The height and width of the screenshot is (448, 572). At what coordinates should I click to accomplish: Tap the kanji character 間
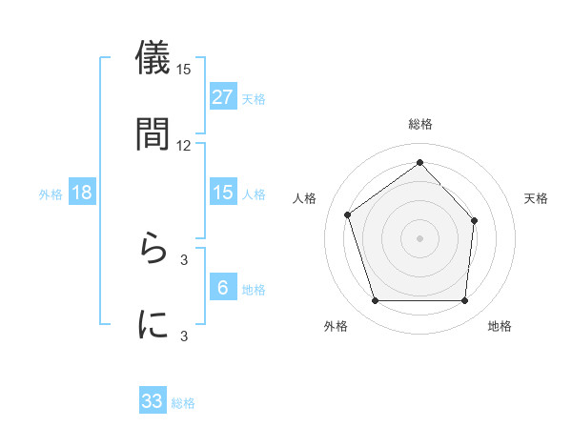(x=153, y=134)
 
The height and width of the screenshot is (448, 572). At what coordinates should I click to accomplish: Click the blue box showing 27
(x=222, y=97)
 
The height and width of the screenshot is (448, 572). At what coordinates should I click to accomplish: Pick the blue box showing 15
(x=222, y=193)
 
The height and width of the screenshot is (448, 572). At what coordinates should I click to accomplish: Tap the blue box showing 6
(x=222, y=288)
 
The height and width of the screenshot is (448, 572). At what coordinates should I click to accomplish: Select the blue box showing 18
(x=82, y=193)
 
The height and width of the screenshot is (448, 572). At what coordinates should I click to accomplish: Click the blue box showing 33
(x=153, y=401)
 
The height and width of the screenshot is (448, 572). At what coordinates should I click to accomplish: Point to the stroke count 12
(x=184, y=146)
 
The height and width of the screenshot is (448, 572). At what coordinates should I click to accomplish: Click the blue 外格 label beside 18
(x=51, y=194)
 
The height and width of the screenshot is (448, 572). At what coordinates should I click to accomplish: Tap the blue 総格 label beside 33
(x=183, y=403)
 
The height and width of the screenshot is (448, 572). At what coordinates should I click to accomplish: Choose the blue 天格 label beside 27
(x=254, y=98)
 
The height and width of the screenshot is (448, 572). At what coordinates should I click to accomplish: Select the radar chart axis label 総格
(x=420, y=125)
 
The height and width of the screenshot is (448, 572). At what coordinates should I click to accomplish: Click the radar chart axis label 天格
(x=537, y=198)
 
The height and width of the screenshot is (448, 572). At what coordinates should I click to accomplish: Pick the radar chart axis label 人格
(x=305, y=198)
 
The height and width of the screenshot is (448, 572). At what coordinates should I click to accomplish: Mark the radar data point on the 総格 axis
(x=420, y=162)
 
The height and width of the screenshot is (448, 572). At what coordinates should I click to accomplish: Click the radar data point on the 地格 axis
(x=465, y=301)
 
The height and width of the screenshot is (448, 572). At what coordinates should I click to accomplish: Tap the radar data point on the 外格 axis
(x=375, y=301)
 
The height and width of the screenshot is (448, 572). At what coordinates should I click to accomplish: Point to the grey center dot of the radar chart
(x=420, y=237)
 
